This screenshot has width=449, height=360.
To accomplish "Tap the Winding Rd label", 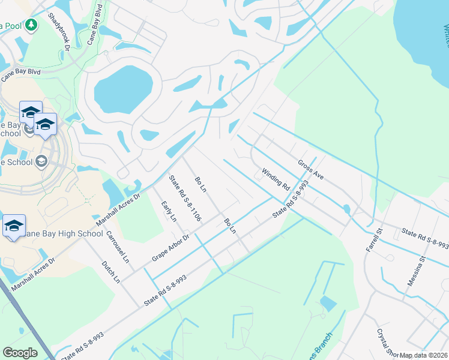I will [x=276, y=179].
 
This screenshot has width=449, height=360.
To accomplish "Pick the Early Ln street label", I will [x=169, y=211].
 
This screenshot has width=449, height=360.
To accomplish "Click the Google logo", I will [x=20, y=353].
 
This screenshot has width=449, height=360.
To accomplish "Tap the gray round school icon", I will [x=41, y=161].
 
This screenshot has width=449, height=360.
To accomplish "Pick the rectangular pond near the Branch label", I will [x=328, y=304].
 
